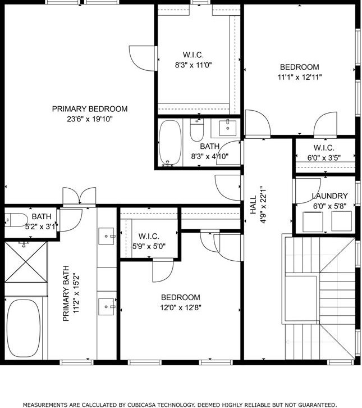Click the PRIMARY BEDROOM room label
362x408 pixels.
point(90,109)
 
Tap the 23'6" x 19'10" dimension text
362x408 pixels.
point(90,119)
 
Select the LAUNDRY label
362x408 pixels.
point(329,196)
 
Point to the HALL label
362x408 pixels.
point(253,205)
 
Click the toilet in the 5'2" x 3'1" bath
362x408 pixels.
point(16,220)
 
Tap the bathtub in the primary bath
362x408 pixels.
point(24,328)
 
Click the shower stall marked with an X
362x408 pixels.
point(26,262)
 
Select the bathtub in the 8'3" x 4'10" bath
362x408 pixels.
point(170,143)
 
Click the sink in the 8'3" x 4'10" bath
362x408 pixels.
point(228,128)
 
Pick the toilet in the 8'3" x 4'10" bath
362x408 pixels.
point(197,130)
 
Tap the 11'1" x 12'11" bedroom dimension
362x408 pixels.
point(300,78)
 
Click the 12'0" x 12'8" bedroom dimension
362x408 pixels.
point(181,308)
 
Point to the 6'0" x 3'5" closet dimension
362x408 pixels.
point(324,158)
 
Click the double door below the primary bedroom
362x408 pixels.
point(79,196)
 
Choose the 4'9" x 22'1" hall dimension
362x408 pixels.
point(263,205)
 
